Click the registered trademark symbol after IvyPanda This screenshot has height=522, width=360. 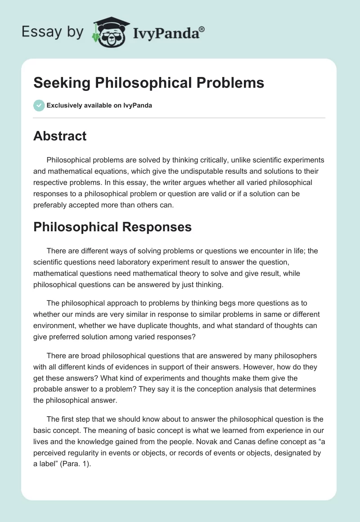pos(202,29)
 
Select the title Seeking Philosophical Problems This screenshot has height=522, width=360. pos(148,83)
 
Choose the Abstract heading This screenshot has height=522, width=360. pos(60,136)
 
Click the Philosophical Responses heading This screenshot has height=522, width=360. pos(112,227)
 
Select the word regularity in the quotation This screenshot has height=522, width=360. pos(90,454)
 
